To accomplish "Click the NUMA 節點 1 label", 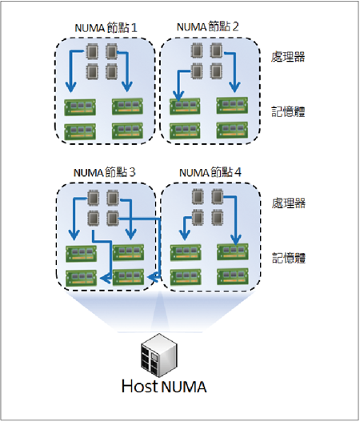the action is click(x=106, y=28).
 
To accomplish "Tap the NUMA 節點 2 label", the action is click(x=207, y=27).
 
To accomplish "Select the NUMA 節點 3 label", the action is click(x=104, y=172).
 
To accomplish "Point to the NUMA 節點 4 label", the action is click(x=210, y=172).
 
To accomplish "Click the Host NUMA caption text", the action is click(x=164, y=386).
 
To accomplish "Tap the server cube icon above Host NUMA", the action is click(x=159, y=356).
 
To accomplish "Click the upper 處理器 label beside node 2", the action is click(x=288, y=57).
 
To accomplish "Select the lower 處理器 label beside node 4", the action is click(x=289, y=203).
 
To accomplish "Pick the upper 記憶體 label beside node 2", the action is click(x=288, y=111).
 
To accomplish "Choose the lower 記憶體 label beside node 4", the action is click(x=289, y=258).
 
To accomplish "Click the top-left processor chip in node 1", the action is click(x=92, y=51).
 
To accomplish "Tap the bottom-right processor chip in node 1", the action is click(x=112, y=71).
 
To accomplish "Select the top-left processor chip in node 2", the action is click(x=197, y=50).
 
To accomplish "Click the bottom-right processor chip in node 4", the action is click(x=218, y=217).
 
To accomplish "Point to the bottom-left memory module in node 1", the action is click(x=80, y=131).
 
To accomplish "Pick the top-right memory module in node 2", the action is click(x=232, y=106).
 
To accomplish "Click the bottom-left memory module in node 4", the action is click(x=186, y=277).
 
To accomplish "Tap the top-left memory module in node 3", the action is click(x=82, y=254).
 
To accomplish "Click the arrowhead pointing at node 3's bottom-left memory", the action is click(x=105, y=278).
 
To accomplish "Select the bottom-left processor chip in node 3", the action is click(x=93, y=218).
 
